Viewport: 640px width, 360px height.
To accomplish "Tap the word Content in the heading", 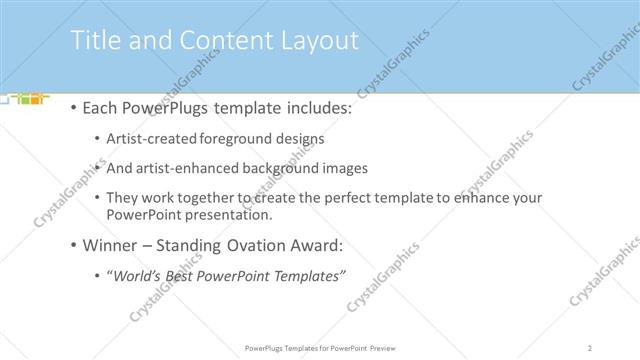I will (212, 41).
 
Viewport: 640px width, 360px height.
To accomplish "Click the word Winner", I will (110, 245).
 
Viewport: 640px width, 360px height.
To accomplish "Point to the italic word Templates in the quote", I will (306, 275).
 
